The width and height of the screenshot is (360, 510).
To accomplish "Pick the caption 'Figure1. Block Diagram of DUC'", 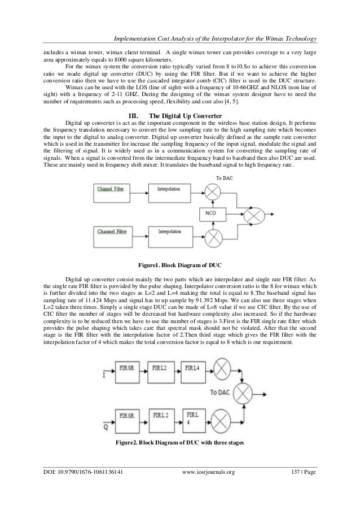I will tap(179, 265).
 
